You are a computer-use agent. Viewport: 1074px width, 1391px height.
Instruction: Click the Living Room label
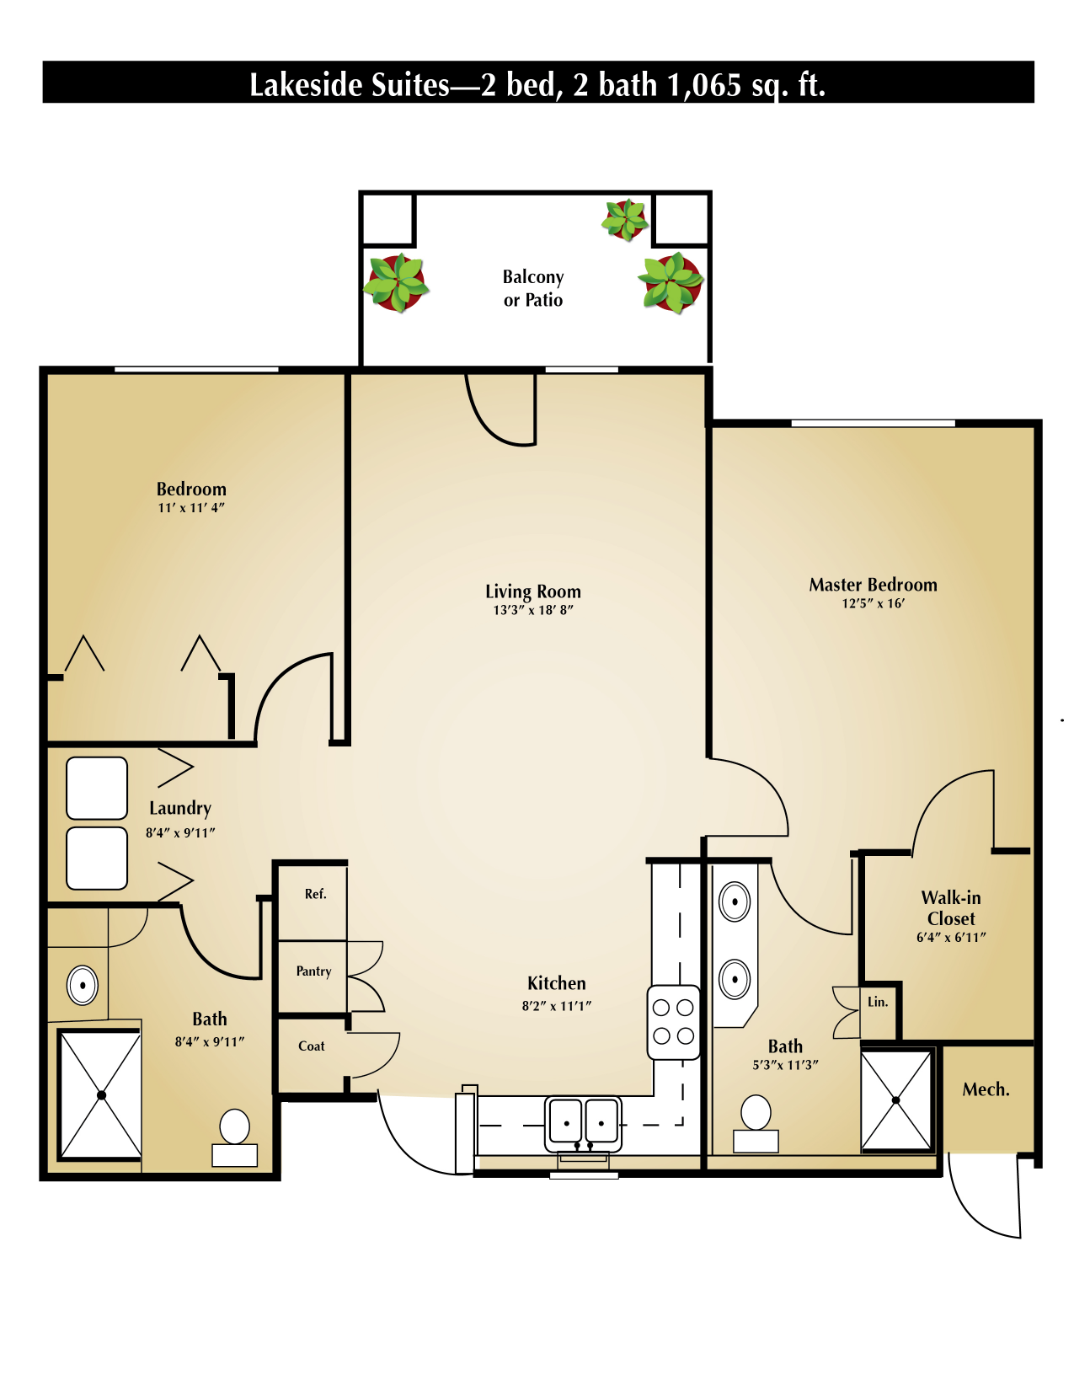(x=532, y=591)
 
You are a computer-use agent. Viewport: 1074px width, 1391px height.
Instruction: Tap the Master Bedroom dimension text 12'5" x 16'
(x=873, y=603)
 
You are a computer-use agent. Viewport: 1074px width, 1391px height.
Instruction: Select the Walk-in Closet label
(x=951, y=908)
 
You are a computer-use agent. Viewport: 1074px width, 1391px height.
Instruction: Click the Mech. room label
(x=986, y=1089)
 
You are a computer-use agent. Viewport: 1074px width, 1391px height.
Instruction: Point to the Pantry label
(x=313, y=971)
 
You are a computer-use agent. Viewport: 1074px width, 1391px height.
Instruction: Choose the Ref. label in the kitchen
(x=315, y=894)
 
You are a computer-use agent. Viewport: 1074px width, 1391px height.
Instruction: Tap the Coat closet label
(x=311, y=1046)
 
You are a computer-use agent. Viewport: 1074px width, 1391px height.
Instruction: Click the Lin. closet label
(x=878, y=1002)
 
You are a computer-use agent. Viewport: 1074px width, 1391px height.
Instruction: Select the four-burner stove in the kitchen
(x=673, y=1021)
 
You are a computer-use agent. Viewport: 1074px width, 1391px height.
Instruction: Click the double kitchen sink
(x=583, y=1122)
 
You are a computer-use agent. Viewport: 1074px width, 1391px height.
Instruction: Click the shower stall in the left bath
(x=101, y=1095)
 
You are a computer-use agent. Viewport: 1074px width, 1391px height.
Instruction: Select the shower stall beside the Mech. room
(x=896, y=1099)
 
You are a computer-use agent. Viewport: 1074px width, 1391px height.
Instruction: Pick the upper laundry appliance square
(x=97, y=788)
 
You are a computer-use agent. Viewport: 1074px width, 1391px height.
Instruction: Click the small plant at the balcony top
(x=625, y=219)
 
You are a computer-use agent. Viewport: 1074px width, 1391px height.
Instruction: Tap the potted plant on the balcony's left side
(x=396, y=283)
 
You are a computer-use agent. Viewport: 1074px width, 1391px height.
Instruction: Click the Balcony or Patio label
(x=532, y=288)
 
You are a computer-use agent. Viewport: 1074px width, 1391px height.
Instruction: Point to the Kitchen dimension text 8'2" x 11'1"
(x=556, y=1005)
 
